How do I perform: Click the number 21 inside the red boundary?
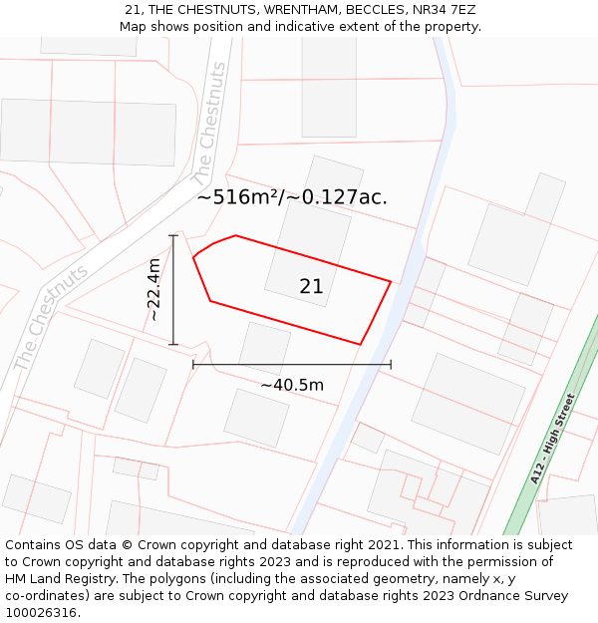311,286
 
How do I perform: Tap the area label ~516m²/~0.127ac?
292,197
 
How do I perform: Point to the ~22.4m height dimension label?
154,289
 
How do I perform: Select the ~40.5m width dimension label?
292,385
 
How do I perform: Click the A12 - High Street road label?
553,439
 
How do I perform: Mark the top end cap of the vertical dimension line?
173,235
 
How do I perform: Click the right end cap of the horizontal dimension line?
391,365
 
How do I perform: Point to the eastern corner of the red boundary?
391,281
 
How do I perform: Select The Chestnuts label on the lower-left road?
51,317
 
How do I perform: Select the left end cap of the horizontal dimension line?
193,365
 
